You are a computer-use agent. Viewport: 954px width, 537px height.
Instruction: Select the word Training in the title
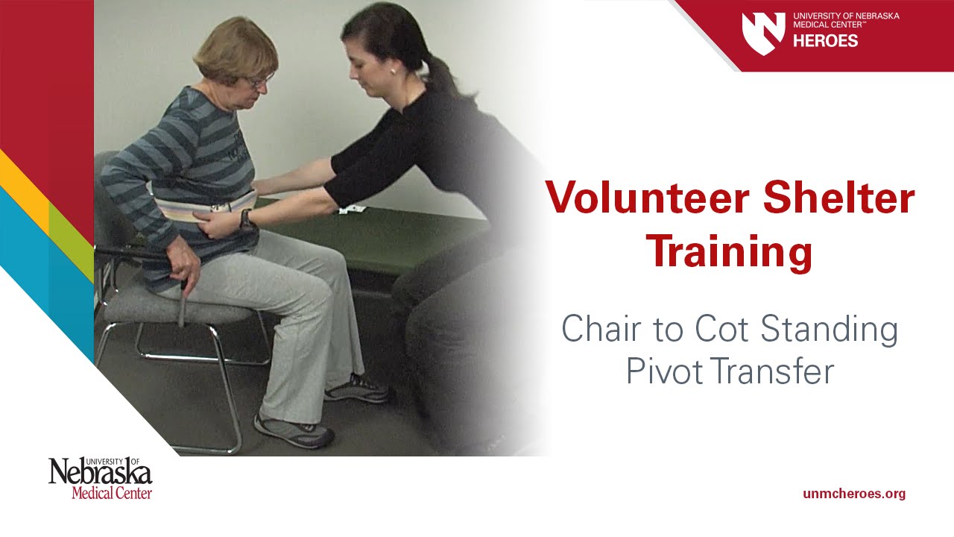[x=729, y=252]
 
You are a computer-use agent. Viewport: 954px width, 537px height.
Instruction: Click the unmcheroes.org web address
[x=854, y=494]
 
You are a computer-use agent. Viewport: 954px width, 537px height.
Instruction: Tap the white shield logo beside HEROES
[x=763, y=32]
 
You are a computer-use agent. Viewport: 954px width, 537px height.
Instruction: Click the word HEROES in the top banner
[x=825, y=41]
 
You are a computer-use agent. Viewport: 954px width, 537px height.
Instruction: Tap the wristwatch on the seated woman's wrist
[x=245, y=219]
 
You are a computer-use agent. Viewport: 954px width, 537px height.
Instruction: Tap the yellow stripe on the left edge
[x=22, y=179]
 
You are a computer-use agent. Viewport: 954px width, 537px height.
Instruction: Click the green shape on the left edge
[x=71, y=239]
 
